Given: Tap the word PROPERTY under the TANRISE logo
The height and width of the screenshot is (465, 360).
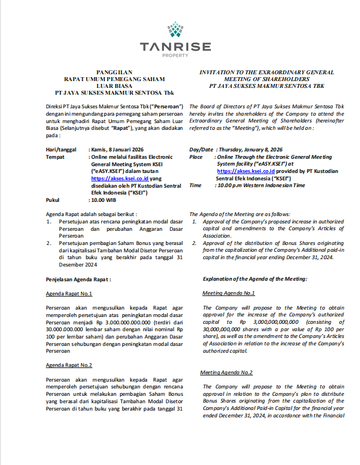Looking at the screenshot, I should pos(175,55).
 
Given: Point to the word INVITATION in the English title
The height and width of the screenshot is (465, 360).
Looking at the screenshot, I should pos(219,73).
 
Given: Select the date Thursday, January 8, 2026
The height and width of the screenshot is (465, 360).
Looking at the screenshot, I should pos(251,149).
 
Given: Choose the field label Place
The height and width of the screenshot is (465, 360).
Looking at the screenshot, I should pos(196,157).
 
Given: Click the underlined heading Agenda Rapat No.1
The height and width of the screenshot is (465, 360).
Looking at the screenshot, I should pos(69,294).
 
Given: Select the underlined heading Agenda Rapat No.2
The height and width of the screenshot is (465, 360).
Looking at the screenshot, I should pos(69,365).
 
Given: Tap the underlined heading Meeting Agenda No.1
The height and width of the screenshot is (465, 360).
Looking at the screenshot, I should pos(228,293).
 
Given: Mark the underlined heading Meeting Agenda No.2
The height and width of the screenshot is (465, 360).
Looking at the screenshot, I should pos(226,373).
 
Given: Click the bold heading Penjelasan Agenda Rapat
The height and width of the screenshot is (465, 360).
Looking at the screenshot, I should pos(78,280).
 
